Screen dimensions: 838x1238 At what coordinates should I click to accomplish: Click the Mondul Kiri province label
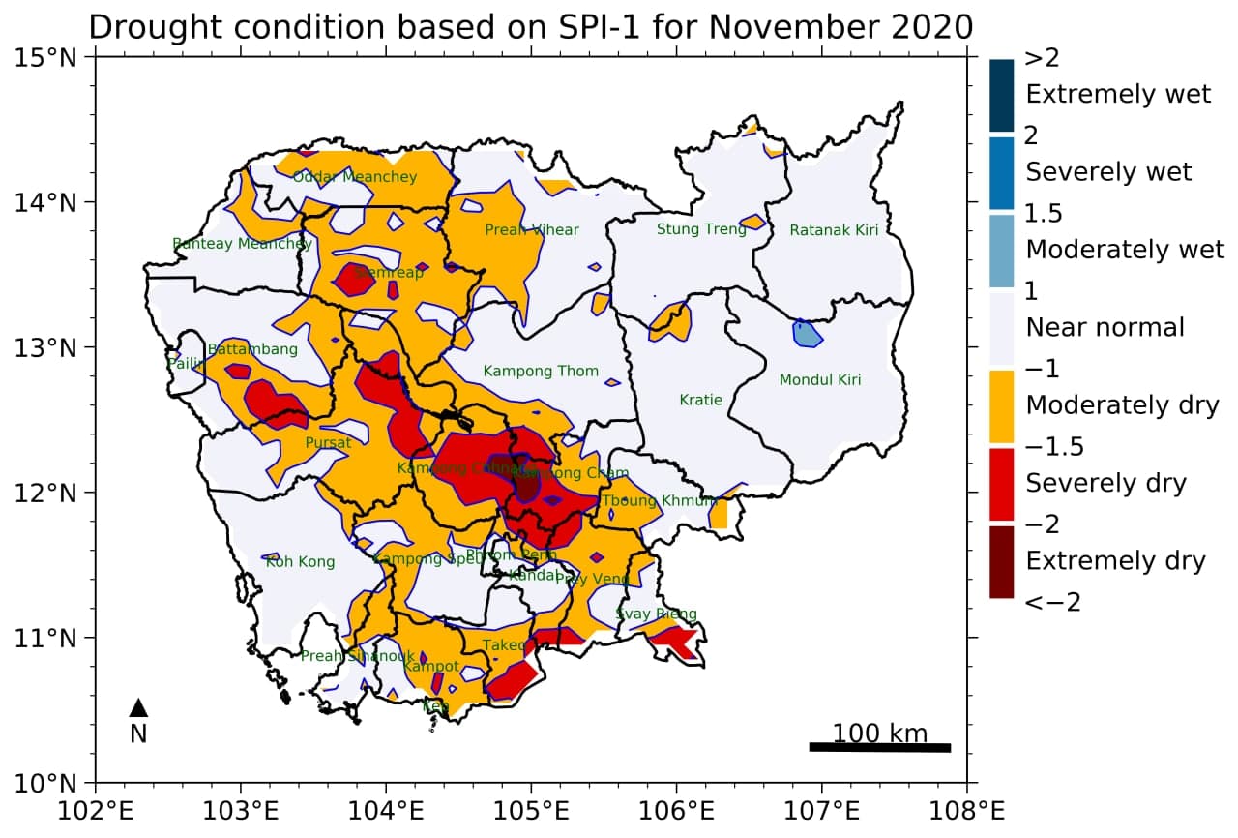[x=819, y=380]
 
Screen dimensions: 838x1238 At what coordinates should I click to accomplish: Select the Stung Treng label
[x=701, y=229]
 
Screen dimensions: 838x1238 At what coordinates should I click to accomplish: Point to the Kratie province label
[x=700, y=400]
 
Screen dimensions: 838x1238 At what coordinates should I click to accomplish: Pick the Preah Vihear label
[x=531, y=230]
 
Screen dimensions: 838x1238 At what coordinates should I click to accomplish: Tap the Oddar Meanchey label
[x=354, y=177]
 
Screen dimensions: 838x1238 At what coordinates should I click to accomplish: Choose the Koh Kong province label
[x=300, y=562]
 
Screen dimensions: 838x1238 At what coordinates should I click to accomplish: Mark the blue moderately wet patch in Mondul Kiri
[x=806, y=334]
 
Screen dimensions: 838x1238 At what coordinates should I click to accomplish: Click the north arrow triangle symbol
[x=138, y=708]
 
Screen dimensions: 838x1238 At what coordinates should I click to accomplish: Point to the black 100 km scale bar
[x=879, y=747]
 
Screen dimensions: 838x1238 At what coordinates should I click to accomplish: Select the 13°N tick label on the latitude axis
[x=56, y=347]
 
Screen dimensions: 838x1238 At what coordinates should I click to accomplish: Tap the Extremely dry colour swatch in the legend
[x=1001, y=561]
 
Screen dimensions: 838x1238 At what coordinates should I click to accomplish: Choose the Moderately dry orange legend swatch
[x=1001, y=405]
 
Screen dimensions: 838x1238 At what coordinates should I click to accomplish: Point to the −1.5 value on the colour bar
[x=1053, y=446]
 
